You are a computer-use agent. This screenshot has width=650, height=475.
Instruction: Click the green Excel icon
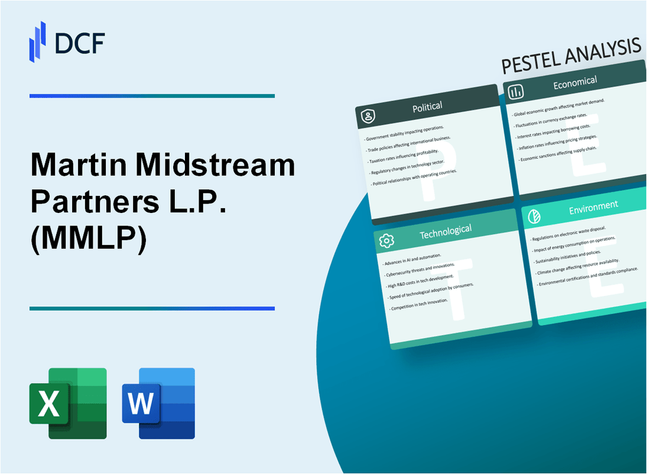click(68, 404)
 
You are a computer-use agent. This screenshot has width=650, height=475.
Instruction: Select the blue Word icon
click(158, 404)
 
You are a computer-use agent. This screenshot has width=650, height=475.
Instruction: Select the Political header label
click(427, 107)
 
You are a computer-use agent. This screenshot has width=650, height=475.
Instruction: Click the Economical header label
click(574, 83)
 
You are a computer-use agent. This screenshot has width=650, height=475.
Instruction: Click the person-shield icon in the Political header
click(368, 117)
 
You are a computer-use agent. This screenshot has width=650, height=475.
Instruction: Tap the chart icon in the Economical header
click(516, 91)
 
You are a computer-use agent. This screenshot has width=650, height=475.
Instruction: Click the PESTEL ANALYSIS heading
click(570, 56)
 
